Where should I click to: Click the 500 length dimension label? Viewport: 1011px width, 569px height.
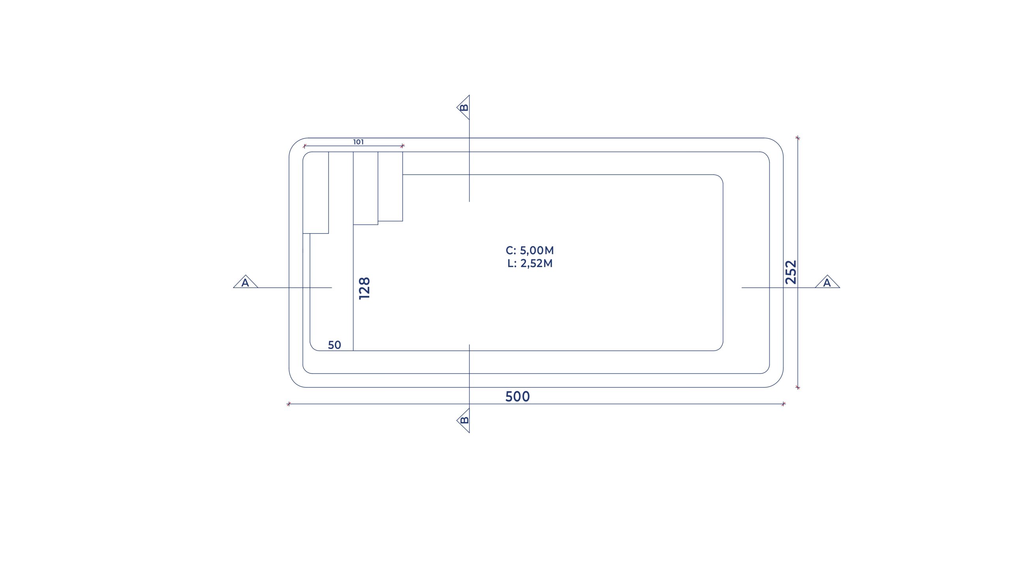click(x=517, y=397)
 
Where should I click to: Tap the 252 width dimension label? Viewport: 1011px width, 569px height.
click(x=791, y=272)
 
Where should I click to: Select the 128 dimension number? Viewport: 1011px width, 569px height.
click(x=365, y=288)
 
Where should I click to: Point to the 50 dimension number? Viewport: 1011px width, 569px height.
click(x=334, y=345)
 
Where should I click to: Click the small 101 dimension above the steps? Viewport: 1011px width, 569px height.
click(x=359, y=142)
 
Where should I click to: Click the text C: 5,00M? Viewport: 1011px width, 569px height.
click(x=530, y=251)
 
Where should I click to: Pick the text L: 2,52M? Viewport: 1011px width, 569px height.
click(x=530, y=264)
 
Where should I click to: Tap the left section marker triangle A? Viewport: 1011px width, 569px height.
click(x=245, y=282)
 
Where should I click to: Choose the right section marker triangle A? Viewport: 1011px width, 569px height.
click(x=827, y=282)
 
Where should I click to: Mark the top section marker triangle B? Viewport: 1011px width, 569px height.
click(x=464, y=107)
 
